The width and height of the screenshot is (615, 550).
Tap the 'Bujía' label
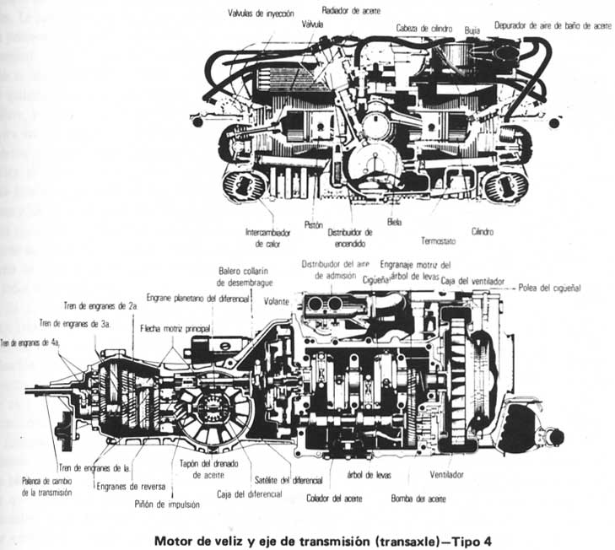point(472,29)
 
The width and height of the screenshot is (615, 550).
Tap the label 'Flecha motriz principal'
point(175,326)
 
